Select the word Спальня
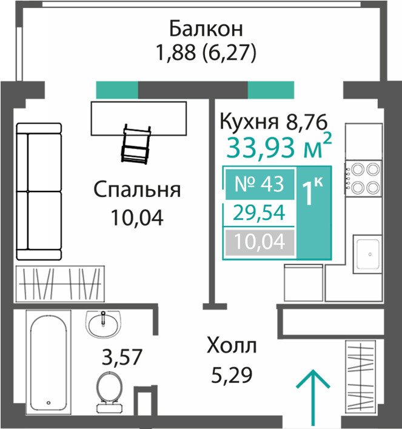coord(137,190)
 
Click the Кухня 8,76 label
coord(274,122)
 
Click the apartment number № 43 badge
coord(260,184)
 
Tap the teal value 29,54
coord(259,213)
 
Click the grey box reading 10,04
coord(260,242)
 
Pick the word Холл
coord(232,346)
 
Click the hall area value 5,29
coord(232,375)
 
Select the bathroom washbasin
coord(103,324)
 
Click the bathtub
coord(49,363)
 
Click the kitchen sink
coord(367,254)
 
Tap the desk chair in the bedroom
coord(136,144)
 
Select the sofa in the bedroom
coord(39,191)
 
